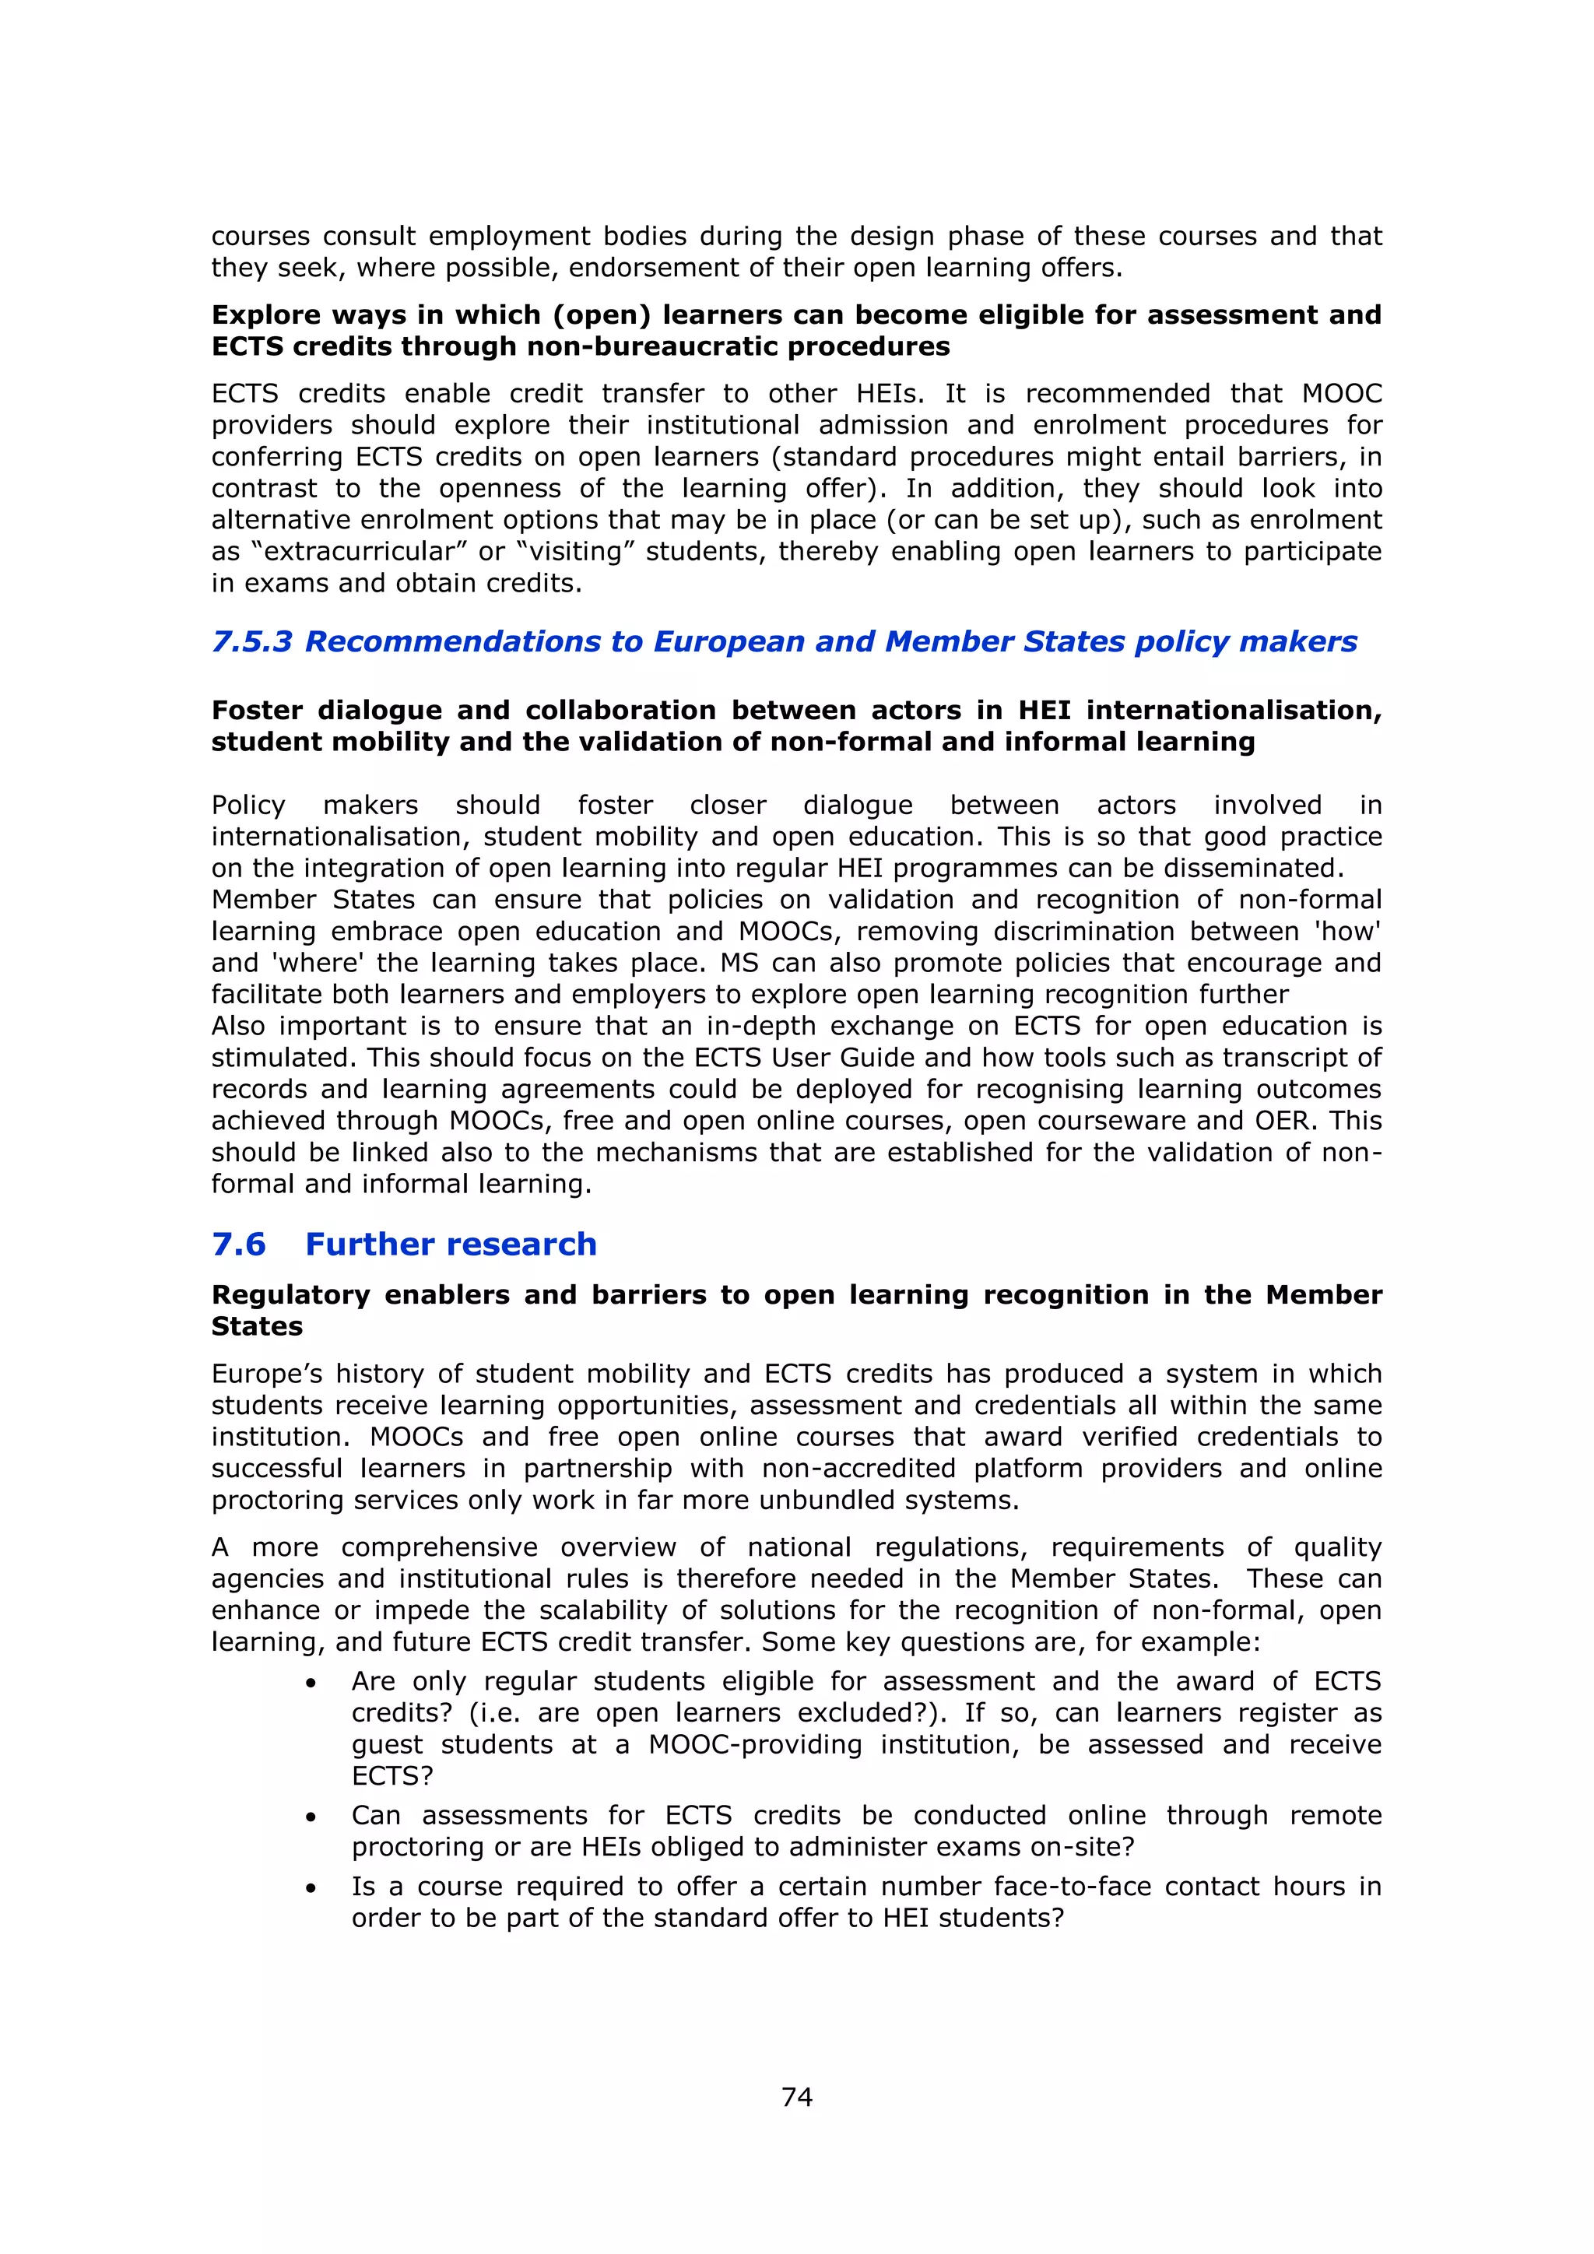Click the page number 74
point(796,2097)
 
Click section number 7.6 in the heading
point(238,1244)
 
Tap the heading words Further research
point(451,1244)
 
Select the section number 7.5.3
point(251,641)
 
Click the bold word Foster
point(257,710)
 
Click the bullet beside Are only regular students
point(311,1683)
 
